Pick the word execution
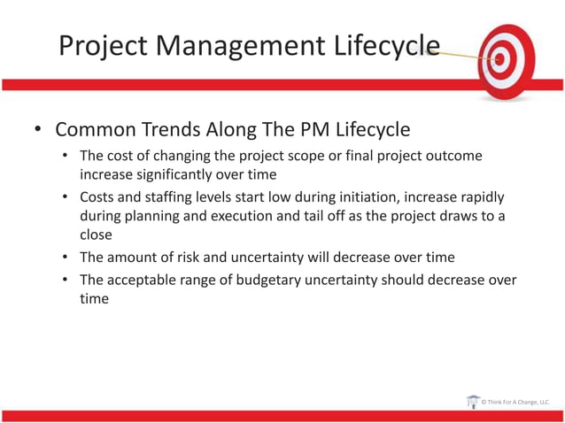click(244, 216)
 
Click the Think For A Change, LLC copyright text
click(515, 403)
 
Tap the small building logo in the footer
click(473, 402)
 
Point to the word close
click(97, 235)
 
